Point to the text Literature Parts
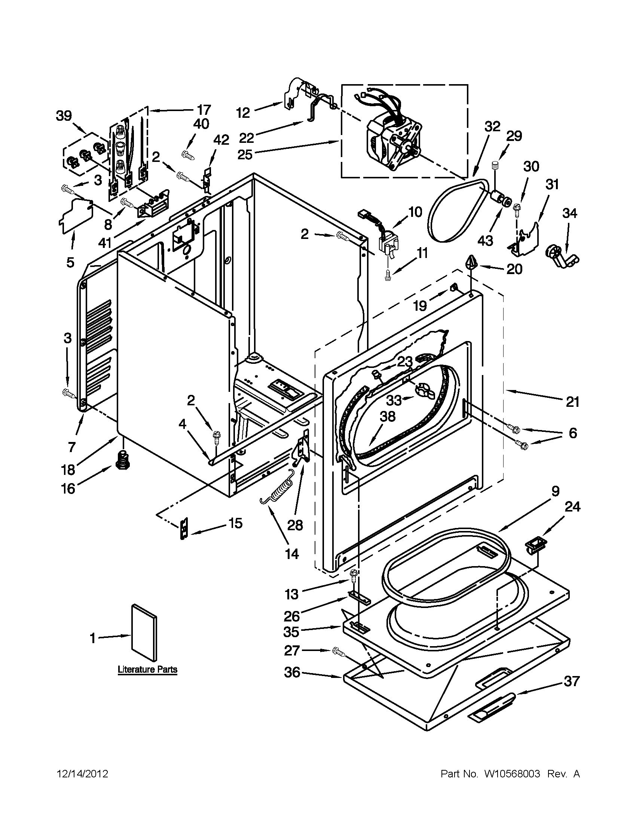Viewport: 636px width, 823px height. [x=147, y=670]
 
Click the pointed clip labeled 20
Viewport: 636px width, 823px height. [x=471, y=261]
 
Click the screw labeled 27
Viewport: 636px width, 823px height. [x=338, y=652]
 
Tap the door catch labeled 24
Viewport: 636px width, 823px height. [x=533, y=546]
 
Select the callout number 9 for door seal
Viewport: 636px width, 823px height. [x=555, y=491]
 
